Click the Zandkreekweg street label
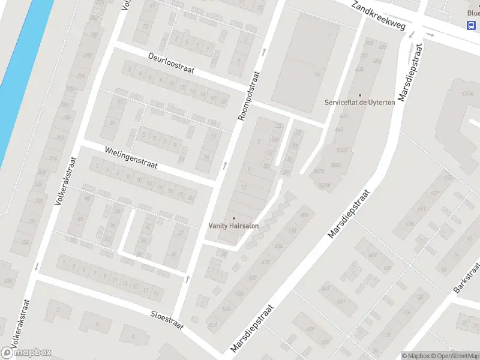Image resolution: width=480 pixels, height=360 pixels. click(x=379, y=16)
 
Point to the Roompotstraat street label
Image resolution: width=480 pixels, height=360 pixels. click(x=250, y=95)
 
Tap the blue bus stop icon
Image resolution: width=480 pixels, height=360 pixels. click(x=472, y=25)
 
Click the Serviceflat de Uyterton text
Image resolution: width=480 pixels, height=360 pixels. click(x=360, y=103)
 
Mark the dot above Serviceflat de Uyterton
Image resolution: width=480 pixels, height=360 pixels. click(x=360, y=95)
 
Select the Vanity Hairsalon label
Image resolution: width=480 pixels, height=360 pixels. click(x=233, y=226)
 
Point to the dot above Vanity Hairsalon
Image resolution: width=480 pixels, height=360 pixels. click(x=233, y=218)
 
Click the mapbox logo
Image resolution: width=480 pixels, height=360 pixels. click(x=26, y=353)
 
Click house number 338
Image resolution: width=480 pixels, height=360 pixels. click(x=8, y=281)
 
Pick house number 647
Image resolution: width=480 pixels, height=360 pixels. click(x=326, y=288)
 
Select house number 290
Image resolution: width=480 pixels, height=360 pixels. click(x=88, y=55)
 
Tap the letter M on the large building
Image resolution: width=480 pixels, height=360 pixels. click(x=317, y=74)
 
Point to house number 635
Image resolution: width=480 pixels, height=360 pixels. click(x=410, y=224)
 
